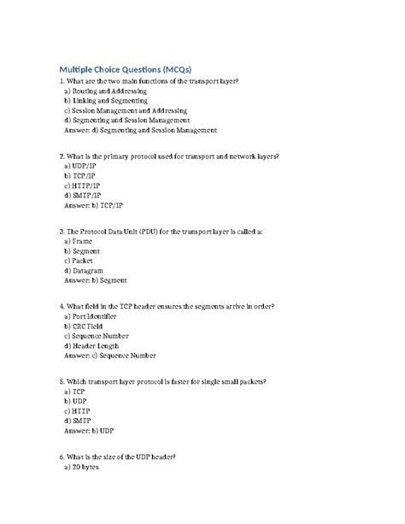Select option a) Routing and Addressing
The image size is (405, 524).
[105, 90]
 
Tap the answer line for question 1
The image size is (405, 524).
[141, 131]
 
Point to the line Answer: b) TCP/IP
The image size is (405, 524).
[94, 205]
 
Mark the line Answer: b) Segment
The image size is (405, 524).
[96, 280]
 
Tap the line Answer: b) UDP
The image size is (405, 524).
[89, 431]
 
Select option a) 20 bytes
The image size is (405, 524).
[85, 468]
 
